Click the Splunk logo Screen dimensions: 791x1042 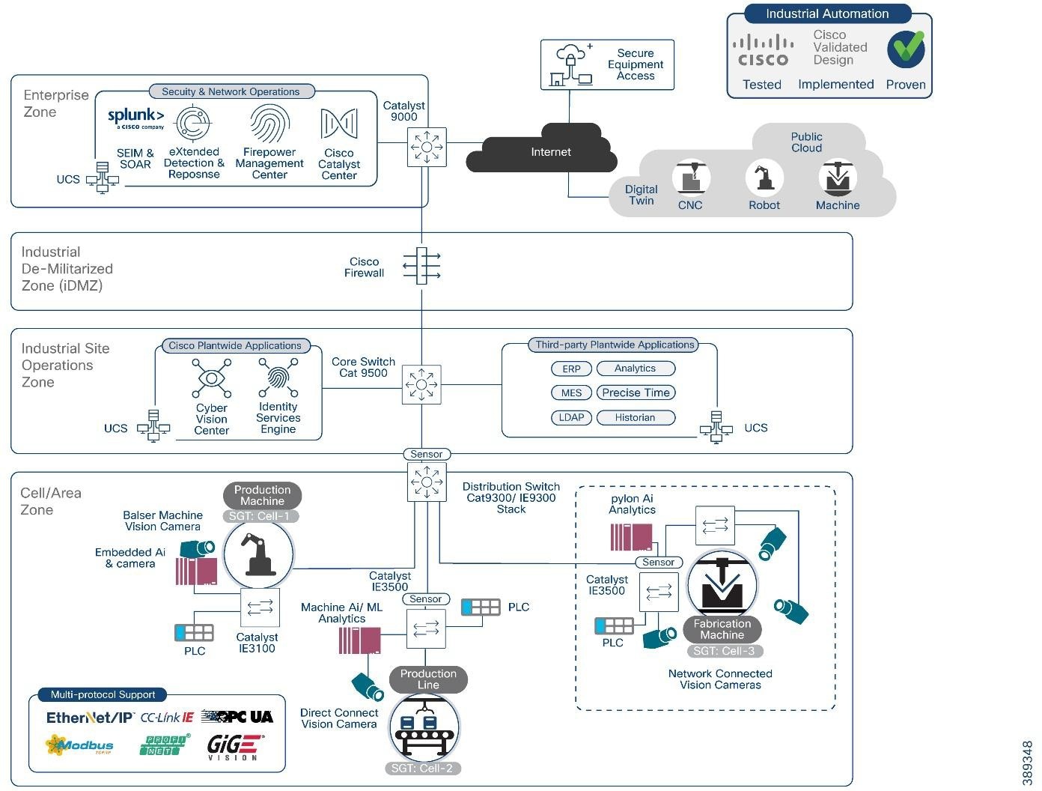tap(135, 117)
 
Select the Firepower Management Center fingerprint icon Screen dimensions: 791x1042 tap(269, 123)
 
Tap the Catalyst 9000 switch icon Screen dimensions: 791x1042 tap(427, 146)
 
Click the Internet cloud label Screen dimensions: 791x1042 tap(550, 152)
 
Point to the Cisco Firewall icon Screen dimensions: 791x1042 tap(422, 266)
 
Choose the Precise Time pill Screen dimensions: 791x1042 tap(636, 393)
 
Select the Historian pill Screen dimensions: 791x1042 tap(636, 418)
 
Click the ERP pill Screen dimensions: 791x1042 tap(571, 369)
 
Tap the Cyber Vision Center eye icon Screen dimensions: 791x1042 tap(212, 378)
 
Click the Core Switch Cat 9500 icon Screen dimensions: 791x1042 tap(421, 385)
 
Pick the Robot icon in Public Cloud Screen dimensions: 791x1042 tap(764, 178)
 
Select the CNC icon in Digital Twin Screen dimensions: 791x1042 tap(690, 178)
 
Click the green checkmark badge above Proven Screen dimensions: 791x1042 tap(906, 49)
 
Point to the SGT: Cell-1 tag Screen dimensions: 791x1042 tap(261, 516)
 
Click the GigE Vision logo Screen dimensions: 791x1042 tap(234, 747)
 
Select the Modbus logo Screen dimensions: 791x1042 tap(80, 745)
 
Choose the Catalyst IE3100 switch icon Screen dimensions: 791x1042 tap(260, 607)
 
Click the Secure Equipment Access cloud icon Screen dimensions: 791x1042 tap(570, 65)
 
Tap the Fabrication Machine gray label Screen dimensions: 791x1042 tap(722, 629)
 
